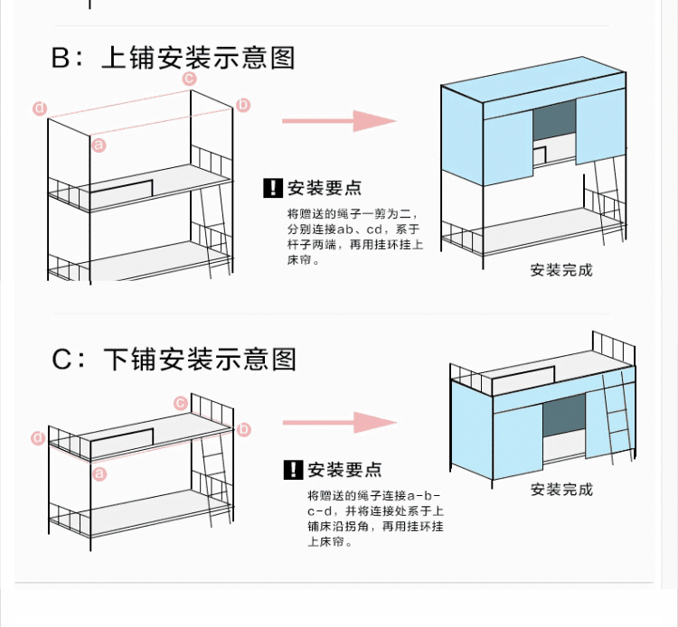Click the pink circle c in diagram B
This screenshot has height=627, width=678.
pyautogui.click(x=189, y=79)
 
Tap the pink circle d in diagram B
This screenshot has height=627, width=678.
pyautogui.click(x=40, y=108)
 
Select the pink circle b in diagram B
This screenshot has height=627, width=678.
pyautogui.click(x=243, y=105)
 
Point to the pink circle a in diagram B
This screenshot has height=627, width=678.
pyautogui.click(x=99, y=145)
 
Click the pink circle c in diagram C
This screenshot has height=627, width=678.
pyautogui.click(x=181, y=403)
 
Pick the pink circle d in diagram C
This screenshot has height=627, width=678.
pyautogui.click(x=38, y=438)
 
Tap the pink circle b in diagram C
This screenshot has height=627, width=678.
pyautogui.click(x=244, y=429)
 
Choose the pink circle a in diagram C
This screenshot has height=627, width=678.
pyautogui.click(x=99, y=473)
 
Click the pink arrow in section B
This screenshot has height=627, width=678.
pyautogui.click(x=339, y=121)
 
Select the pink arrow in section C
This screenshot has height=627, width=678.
pyautogui.click(x=340, y=422)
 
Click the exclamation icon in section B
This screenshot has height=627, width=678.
pyautogui.click(x=273, y=188)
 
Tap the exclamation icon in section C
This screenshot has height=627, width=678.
pyautogui.click(x=294, y=470)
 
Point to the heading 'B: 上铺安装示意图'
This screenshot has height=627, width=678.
pyautogui.click(x=173, y=58)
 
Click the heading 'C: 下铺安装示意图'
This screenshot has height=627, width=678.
pyautogui.click(x=174, y=359)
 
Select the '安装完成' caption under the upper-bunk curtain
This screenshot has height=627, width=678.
pyautogui.click(x=561, y=270)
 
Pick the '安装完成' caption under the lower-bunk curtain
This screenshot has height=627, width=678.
pyautogui.click(x=561, y=490)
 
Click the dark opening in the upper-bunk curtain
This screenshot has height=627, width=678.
pyautogui.click(x=554, y=120)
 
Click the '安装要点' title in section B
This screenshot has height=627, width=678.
pyautogui.click(x=325, y=188)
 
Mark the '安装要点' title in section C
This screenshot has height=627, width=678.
pyautogui.click(x=344, y=470)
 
